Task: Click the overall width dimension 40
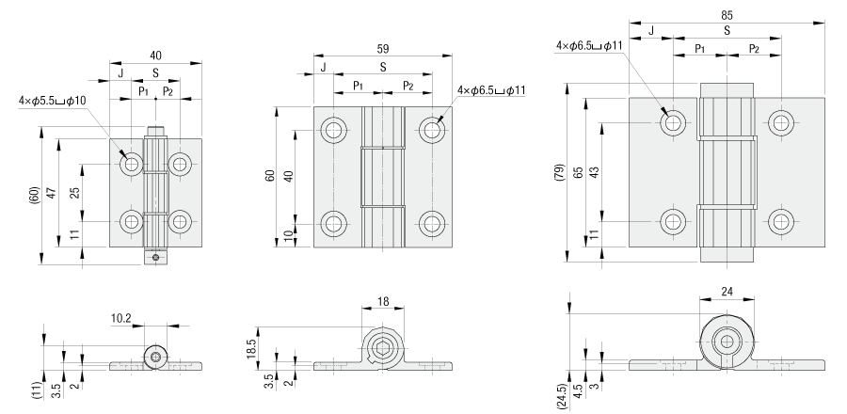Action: pos(156,56)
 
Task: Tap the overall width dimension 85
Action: pos(726,15)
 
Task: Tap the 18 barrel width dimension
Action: pos(382,300)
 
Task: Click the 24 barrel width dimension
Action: pos(727,292)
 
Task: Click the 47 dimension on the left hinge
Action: pos(53,194)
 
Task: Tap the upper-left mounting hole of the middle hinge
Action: pos(334,129)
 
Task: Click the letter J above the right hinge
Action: pos(651,30)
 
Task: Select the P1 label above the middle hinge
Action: pos(359,86)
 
